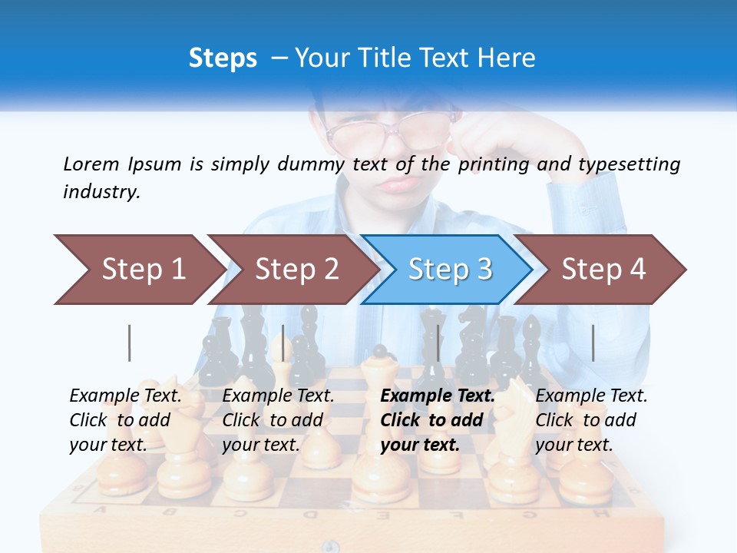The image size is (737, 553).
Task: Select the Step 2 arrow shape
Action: pyautogui.click(x=296, y=269)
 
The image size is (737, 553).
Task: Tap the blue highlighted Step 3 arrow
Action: pyautogui.click(x=449, y=269)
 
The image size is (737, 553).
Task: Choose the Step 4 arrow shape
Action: pyautogui.click(x=603, y=269)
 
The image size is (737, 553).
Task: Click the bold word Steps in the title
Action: pyautogui.click(x=223, y=58)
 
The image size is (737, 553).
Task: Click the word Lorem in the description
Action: pyautogui.click(x=91, y=164)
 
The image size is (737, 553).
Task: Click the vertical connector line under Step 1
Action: pyautogui.click(x=130, y=343)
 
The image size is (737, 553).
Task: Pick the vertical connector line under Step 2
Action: pyautogui.click(x=283, y=343)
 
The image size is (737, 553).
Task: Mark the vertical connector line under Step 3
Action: pyautogui.click(x=438, y=343)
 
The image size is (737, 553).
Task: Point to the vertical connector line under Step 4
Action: pyautogui.click(x=593, y=343)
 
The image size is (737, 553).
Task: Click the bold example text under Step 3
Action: pyautogui.click(x=437, y=420)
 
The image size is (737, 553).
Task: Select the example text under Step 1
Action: pyautogui.click(x=125, y=420)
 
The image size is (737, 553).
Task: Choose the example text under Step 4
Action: pyautogui.click(x=591, y=420)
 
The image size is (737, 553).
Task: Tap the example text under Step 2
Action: pyautogui.click(x=278, y=420)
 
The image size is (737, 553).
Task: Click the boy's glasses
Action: pyautogui.click(x=392, y=129)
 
